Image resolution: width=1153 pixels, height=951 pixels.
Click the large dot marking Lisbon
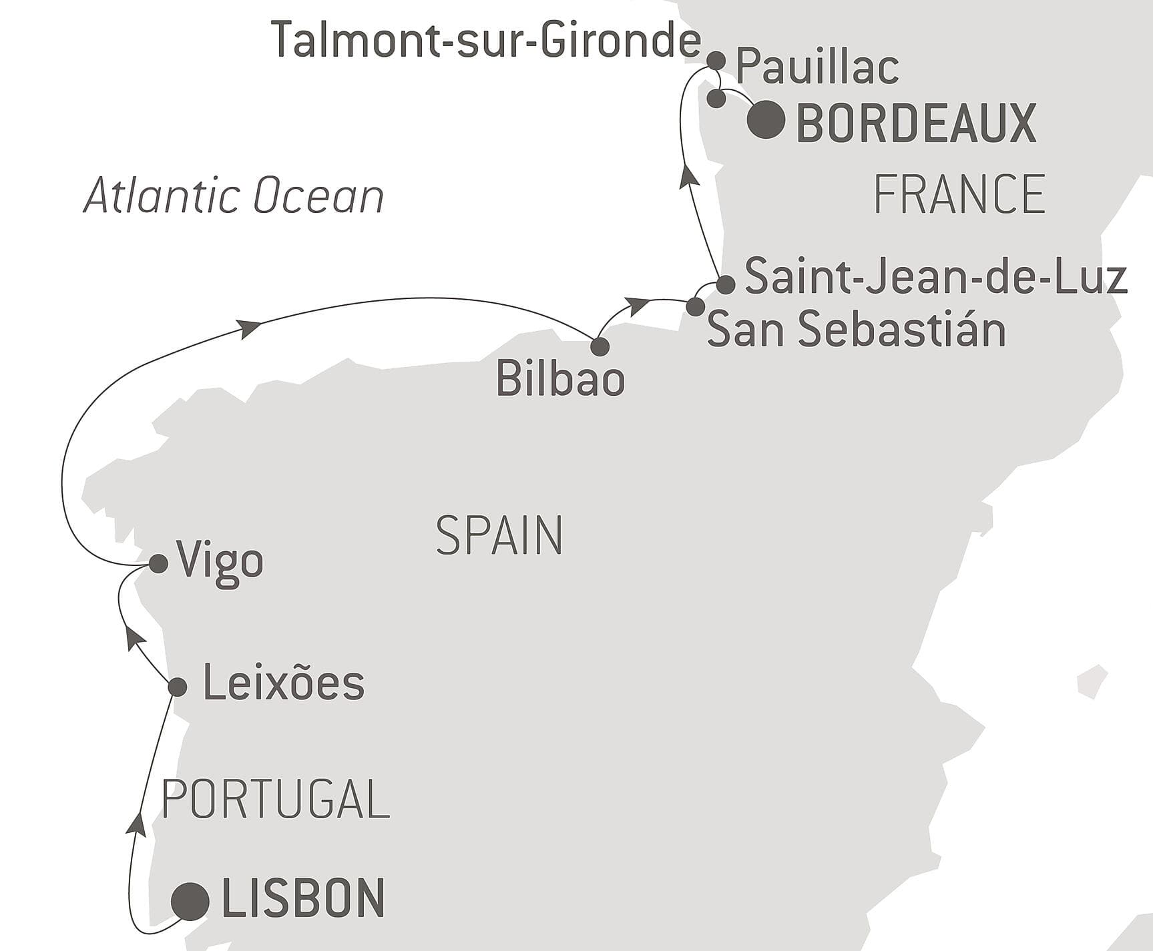click(x=190, y=902)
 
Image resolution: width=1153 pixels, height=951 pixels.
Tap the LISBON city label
click(x=303, y=898)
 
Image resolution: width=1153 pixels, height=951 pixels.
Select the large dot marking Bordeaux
click(x=766, y=120)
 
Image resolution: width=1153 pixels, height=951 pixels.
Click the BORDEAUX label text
click(x=916, y=123)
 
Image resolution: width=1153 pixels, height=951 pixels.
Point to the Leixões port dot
click(x=178, y=687)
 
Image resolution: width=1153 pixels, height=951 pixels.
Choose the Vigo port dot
click(x=158, y=564)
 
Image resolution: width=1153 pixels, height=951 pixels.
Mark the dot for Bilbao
click(x=600, y=346)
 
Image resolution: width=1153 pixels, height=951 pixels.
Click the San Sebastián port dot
click(x=695, y=307)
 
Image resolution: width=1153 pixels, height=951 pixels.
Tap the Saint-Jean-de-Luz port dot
click(x=726, y=285)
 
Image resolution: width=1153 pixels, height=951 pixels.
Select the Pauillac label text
click(x=817, y=67)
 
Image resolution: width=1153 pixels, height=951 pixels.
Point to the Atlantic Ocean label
click(x=234, y=196)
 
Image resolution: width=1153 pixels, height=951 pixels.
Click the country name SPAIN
click(x=499, y=535)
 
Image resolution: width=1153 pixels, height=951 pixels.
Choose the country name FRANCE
click(x=959, y=194)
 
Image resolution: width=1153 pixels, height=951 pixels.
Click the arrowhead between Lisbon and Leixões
click(x=137, y=825)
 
